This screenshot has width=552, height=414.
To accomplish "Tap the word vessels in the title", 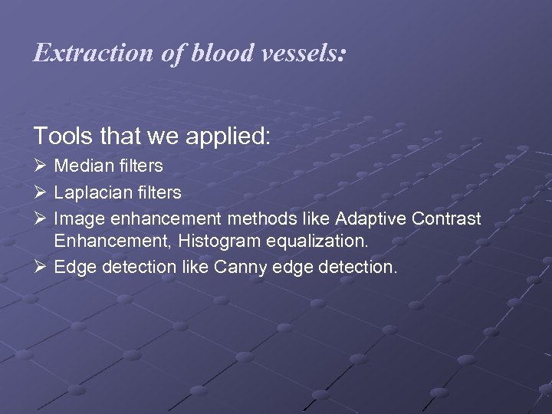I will (x=304, y=54).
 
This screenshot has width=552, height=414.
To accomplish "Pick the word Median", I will (x=82, y=166).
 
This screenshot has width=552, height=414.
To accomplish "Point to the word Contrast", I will (x=445, y=219).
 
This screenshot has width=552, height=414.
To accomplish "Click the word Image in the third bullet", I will (x=76, y=219).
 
